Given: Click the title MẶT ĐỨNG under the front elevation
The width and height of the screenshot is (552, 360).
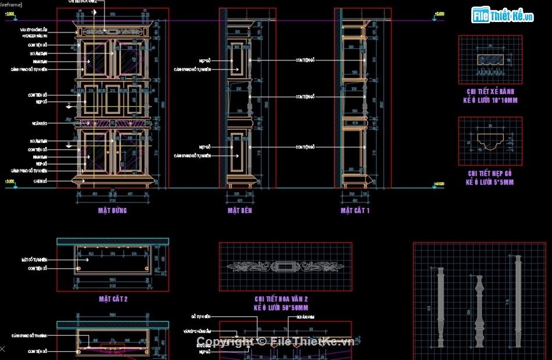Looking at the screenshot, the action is click(x=112, y=211).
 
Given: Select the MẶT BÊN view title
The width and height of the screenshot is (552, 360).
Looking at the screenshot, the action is click(x=239, y=211).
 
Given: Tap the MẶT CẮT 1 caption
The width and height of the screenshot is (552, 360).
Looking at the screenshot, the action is click(x=355, y=211).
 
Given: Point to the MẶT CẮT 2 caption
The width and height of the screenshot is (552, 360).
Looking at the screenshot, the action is click(x=113, y=299).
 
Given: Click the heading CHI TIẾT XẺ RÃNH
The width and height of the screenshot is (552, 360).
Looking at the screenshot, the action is click(x=490, y=92).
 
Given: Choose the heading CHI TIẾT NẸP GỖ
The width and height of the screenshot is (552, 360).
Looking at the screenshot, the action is click(x=490, y=174).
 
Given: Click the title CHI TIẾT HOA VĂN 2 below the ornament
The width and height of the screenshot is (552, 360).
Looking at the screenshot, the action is click(x=281, y=299).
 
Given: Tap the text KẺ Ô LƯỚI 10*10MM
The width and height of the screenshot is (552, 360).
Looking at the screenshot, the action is click(x=490, y=100).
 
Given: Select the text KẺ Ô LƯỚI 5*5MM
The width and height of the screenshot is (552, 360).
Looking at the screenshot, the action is click(x=490, y=182).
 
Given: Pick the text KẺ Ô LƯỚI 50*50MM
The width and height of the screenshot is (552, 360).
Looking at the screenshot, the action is click(x=281, y=308).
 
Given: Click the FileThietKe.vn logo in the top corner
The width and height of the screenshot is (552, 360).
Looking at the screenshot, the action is click(x=503, y=16).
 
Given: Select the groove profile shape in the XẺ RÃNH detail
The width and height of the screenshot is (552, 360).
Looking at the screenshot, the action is click(x=490, y=59).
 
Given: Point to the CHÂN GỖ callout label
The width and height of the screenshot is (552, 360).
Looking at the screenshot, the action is click(x=39, y=182).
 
